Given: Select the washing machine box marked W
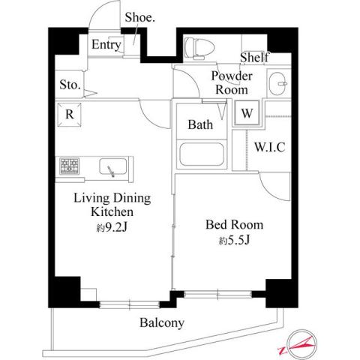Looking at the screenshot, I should point(246,115).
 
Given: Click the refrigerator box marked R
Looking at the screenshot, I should point(68,115).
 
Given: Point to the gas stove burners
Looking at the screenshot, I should point(71,166).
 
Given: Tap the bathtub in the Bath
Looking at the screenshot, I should point(202,155).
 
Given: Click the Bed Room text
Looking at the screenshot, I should point(235,225).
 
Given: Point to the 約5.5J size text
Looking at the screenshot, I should point(235,241).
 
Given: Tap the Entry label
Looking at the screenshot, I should point(106,45).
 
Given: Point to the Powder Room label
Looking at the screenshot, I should point(231,82).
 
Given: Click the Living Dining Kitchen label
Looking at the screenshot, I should point(112,205).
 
